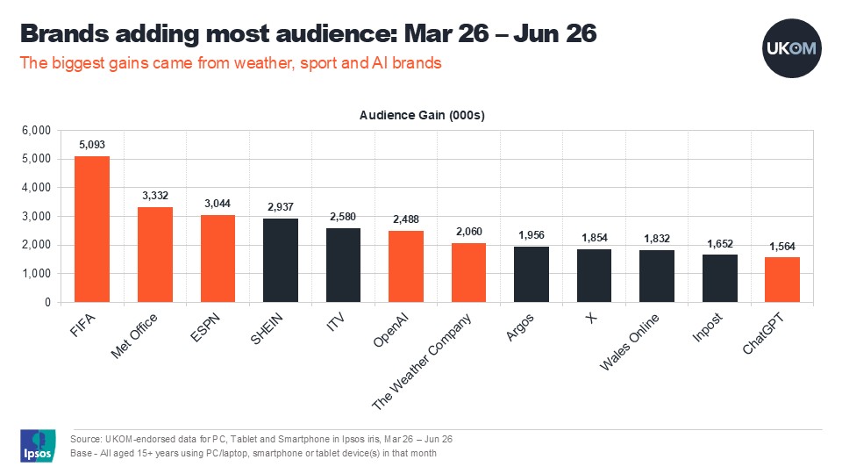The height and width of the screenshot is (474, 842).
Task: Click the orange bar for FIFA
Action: tap(92, 229)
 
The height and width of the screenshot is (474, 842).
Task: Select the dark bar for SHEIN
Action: tap(281, 260)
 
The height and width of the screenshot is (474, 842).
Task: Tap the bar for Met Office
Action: tap(155, 255)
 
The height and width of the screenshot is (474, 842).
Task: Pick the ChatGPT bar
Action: tap(782, 279)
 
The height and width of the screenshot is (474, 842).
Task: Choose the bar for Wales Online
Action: tap(657, 276)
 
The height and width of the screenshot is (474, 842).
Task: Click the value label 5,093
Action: tap(92, 145)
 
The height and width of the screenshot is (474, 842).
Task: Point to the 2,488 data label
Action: tap(406, 219)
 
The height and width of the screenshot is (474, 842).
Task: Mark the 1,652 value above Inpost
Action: tap(719, 244)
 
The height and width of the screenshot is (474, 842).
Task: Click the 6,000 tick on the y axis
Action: tap(37, 131)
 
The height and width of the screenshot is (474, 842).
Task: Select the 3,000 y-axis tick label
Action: tap(37, 217)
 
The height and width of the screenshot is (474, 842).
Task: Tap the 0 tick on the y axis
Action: tap(47, 303)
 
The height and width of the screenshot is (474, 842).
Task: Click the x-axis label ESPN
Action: tap(205, 327)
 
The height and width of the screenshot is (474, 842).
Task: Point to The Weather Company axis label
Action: tap(422, 362)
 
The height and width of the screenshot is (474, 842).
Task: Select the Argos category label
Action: tap(520, 327)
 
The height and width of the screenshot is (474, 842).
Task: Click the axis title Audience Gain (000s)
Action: tap(422, 115)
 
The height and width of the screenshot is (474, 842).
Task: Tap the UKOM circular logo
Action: tap(791, 48)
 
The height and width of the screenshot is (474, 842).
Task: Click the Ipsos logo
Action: tap(38, 446)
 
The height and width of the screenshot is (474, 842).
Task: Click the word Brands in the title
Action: tap(64, 33)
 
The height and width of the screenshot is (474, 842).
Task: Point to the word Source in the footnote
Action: tap(85, 439)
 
